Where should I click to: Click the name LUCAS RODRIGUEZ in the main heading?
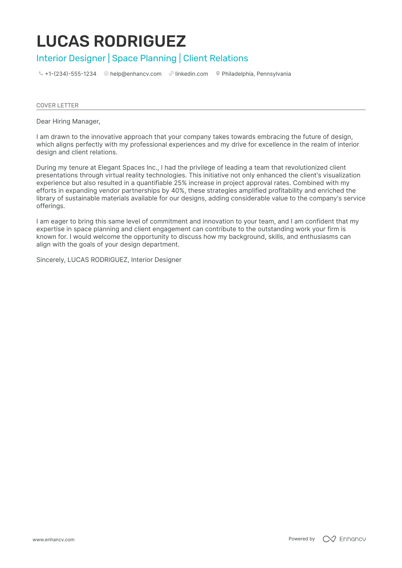pyautogui.click(x=111, y=41)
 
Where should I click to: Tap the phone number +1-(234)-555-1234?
pyautogui.click(x=71, y=74)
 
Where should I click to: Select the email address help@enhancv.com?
pyautogui.click(x=136, y=74)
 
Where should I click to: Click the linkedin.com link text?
pyautogui.click(x=192, y=74)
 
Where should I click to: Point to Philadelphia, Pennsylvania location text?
pyautogui.click(x=256, y=74)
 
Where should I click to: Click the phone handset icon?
pyautogui.click(x=41, y=73)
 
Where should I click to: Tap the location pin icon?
pyautogui.click(x=218, y=73)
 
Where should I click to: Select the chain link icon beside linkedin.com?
pyautogui.click(x=171, y=73)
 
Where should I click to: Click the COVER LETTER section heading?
pyautogui.click(x=58, y=105)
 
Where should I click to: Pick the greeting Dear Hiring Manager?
pyautogui.click(x=68, y=122)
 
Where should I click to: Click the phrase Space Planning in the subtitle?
pyautogui.click(x=144, y=58)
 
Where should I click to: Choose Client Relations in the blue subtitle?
pyautogui.click(x=216, y=58)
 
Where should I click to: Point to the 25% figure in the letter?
pyautogui.click(x=180, y=183)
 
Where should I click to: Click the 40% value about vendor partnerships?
pyautogui.click(x=178, y=190)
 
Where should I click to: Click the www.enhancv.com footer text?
pyautogui.click(x=54, y=540)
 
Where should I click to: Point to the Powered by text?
pyautogui.click(x=302, y=539)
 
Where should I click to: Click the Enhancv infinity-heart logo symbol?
pyautogui.click(x=329, y=539)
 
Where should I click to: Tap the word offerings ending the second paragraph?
pyautogui.click(x=50, y=206)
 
